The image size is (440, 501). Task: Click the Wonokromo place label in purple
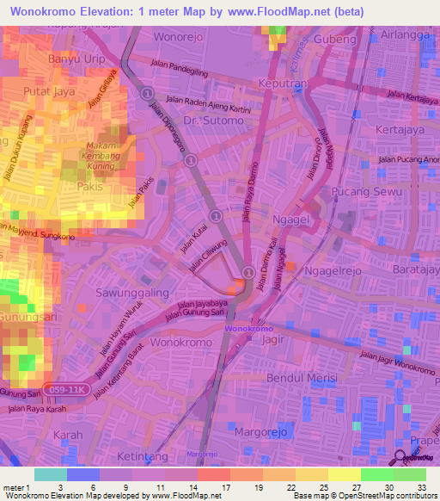pyautogui.click(x=248, y=329)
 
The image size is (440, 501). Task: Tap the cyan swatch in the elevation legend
pyautogui.click(x=51, y=474)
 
